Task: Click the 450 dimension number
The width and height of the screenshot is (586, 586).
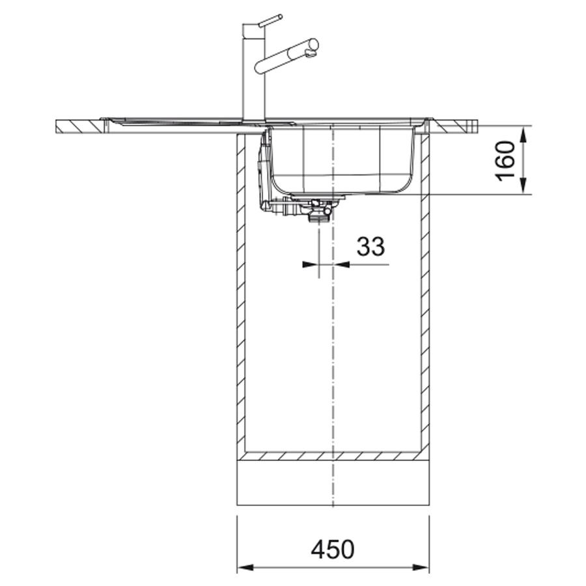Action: click(332, 549)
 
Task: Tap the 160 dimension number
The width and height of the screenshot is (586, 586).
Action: click(506, 160)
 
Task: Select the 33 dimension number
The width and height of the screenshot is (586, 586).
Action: click(370, 246)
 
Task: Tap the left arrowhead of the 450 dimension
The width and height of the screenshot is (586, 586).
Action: click(245, 567)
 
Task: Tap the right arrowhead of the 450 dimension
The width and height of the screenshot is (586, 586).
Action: click(421, 567)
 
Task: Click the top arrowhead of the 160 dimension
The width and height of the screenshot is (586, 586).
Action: click(523, 133)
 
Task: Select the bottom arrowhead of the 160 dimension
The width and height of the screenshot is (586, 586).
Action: click(523, 186)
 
